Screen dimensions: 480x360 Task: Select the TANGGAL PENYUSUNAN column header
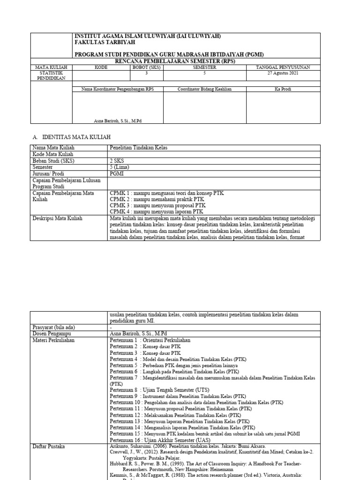click(x=283, y=67)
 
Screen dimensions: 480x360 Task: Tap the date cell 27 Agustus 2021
click(x=283, y=73)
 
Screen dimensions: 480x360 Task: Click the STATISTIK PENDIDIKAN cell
click(x=52, y=75)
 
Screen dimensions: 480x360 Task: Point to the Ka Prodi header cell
click(x=283, y=89)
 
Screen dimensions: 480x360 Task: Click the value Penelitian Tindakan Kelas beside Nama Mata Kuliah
click(x=135, y=148)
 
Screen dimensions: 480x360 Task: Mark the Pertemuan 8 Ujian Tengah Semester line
click(x=159, y=390)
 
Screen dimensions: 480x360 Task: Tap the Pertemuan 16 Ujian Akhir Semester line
click(x=160, y=440)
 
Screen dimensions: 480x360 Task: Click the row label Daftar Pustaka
click(x=49, y=447)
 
